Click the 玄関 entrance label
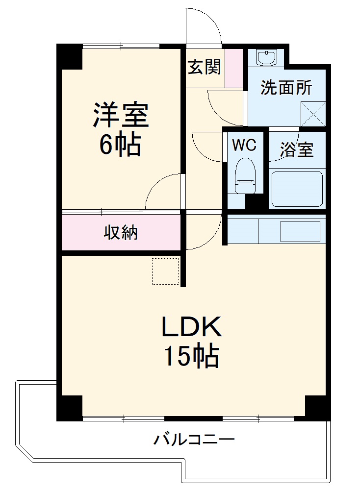point(205,67)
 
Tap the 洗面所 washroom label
point(286,88)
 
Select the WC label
point(244,145)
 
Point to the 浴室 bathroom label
point(297,150)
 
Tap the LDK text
point(192,327)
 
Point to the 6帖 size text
point(121,145)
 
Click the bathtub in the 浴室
point(297,189)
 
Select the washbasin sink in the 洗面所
point(267,57)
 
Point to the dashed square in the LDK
point(165,270)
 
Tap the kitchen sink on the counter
point(300,230)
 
